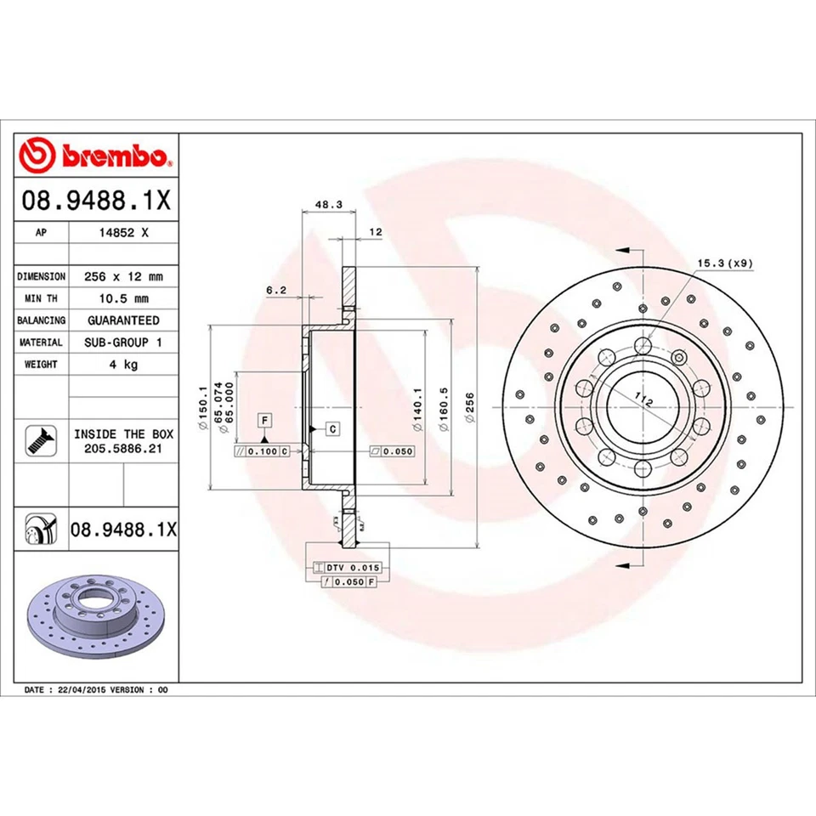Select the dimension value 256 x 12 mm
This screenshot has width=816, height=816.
pos(124,276)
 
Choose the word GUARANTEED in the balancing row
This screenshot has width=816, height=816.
pos(124,320)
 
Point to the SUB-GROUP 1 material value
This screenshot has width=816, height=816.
pos(124,342)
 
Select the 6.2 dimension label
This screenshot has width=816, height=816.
pos(276,290)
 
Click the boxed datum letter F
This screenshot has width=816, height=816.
pos(265,421)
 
